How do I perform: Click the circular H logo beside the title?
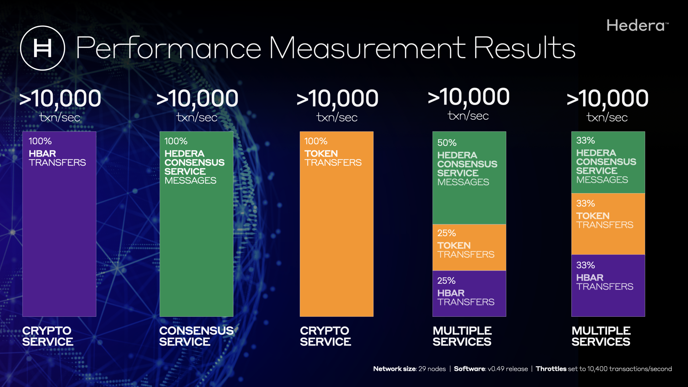43,48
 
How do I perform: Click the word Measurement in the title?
367,48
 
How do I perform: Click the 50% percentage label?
447,143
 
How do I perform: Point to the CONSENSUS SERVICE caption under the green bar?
196,336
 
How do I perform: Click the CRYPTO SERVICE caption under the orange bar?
325,336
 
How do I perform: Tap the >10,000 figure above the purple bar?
60,98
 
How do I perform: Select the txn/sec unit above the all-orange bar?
337,117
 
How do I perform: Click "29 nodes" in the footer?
432,369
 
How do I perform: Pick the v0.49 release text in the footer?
508,369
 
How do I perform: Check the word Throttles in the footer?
551,369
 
